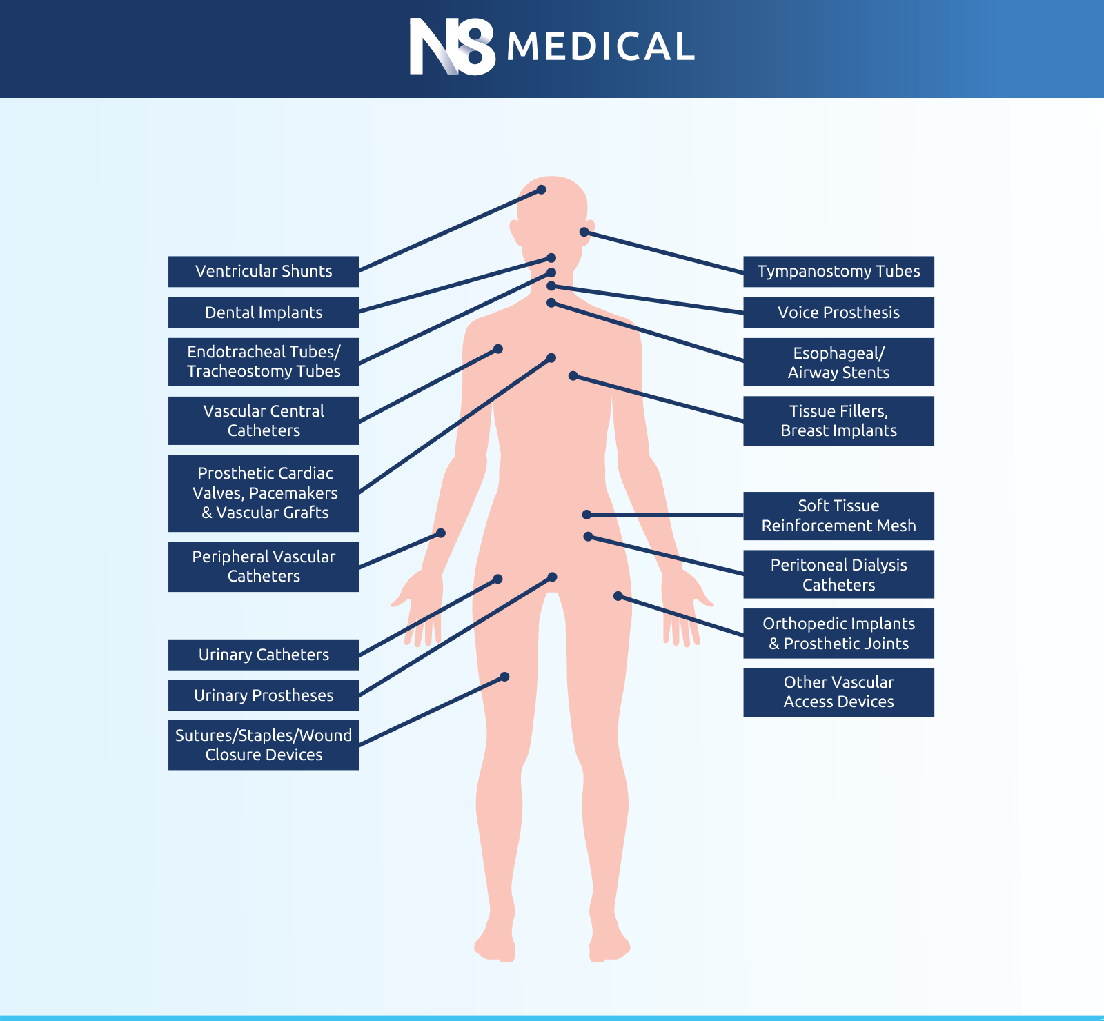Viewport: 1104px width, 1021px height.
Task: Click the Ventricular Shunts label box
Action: coord(264,272)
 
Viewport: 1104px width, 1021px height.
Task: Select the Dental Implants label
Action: coord(264,313)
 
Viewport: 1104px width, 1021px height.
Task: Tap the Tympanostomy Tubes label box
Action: coord(838,272)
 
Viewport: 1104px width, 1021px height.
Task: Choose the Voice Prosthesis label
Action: coord(838,313)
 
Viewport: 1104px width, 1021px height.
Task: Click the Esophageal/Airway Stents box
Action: coord(838,362)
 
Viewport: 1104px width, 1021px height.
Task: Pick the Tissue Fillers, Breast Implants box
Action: coord(838,421)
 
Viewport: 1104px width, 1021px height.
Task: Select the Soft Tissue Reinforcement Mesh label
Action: coord(838,516)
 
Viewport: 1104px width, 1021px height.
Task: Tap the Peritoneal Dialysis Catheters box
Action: coord(838,574)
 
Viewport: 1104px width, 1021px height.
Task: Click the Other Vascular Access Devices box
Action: coord(838,693)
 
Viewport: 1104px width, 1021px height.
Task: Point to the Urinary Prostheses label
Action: coord(264,695)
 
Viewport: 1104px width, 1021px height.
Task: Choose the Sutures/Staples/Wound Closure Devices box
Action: coord(264,745)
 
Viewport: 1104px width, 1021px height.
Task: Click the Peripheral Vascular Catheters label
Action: coord(264,567)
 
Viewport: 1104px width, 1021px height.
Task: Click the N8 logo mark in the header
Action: coord(452,46)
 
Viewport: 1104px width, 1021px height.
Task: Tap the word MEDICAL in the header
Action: coord(600,47)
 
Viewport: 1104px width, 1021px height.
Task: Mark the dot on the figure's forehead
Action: coord(542,190)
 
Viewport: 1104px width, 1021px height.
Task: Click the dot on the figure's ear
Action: coord(584,232)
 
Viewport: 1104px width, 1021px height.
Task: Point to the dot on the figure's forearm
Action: coord(441,533)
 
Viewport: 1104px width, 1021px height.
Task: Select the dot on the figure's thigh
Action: coord(504,677)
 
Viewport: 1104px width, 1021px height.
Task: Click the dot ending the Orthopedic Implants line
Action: coord(618,596)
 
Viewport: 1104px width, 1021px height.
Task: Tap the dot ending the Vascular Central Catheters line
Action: coord(498,349)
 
